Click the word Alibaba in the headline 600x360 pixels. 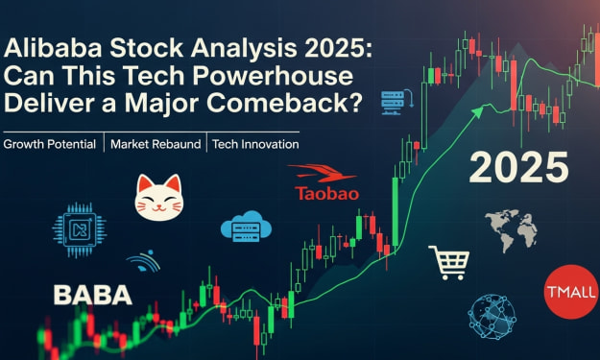(53, 49)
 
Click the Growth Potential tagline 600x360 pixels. (49, 144)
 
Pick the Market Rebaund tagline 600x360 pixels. (156, 144)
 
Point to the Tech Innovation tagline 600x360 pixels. (255, 144)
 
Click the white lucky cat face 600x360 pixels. (159, 198)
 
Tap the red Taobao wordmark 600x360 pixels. (327, 194)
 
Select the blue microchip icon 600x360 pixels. (80, 229)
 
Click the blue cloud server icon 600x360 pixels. (246, 227)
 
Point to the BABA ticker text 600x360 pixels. (92, 295)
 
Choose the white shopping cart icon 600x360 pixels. (449, 262)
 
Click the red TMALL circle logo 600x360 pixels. (572, 292)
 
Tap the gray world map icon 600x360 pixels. (511, 230)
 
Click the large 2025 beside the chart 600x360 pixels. (518, 167)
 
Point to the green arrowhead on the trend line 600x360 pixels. (477, 111)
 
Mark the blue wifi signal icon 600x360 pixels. (143, 261)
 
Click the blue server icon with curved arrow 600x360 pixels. (396, 102)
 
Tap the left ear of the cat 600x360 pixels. (145, 182)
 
